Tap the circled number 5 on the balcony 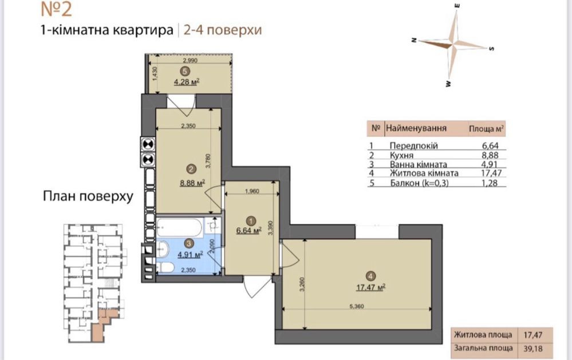tap(183, 72)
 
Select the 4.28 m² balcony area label tap(187, 81)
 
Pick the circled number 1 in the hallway tap(250, 219)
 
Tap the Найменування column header tap(416, 129)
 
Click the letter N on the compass tap(412, 39)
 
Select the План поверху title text tap(88, 197)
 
